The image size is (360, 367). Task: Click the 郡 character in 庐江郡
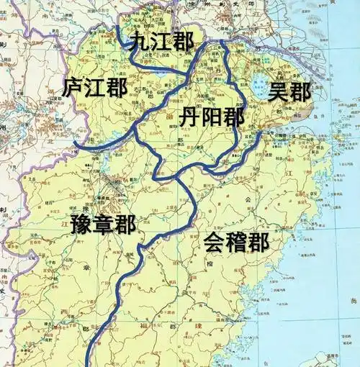(x=117, y=88)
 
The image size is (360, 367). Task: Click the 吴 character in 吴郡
(x=279, y=92)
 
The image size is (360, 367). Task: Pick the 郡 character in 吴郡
(x=301, y=92)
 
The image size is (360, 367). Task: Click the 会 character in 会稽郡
(x=214, y=243)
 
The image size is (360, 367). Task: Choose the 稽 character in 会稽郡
(x=236, y=243)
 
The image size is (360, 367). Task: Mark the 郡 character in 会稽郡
(x=258, y=243)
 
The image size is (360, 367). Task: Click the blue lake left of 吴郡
(x=258, y=89)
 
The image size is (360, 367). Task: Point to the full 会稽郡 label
(x=236, y=243)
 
